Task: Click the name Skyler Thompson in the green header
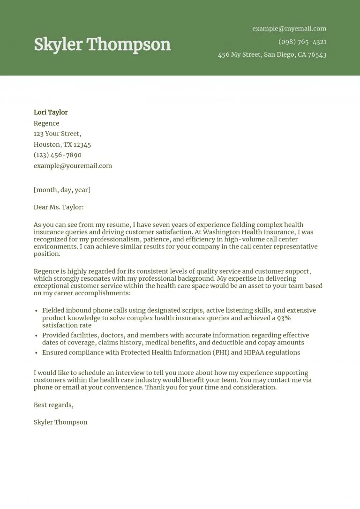(102, 45)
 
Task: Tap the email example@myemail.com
(289, 29)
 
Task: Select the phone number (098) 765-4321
(302, 42)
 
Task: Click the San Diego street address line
(272, 55)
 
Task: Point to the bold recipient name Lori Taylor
(51, 112)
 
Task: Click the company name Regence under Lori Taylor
(46, 123)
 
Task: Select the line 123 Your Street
(57, 134)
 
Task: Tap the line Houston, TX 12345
(62, 144)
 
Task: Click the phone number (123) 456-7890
(58, 155)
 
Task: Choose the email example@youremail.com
(73, 165)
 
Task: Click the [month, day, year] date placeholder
(62, 190)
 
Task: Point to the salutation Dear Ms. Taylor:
(59, 207)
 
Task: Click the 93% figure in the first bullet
(283, 318)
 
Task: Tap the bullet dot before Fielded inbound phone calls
(37, 311)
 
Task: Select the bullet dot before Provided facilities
(37, 336)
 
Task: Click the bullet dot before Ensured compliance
(37, 353)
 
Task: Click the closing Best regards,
(53, 405)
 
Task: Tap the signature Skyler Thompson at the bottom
(60, 422)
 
